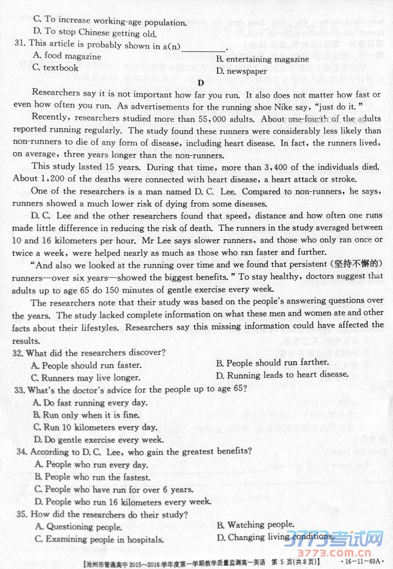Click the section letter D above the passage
200,82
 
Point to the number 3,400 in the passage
241,167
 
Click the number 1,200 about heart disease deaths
56,178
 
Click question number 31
19,45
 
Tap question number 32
19,353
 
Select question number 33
19,389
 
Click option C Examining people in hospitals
97,539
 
